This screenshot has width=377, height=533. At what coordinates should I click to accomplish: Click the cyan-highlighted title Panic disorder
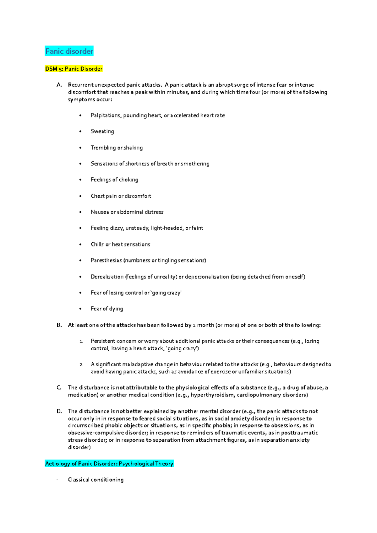[69, 51]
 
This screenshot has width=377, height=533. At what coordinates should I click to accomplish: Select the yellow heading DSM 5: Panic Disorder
[74, 69]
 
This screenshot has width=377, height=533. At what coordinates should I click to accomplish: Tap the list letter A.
[59, 85]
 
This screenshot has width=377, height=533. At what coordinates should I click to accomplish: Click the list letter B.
[59, 325]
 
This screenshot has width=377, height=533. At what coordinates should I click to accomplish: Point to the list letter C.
[59, 388]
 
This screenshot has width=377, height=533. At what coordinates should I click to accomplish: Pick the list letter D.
[59, 411]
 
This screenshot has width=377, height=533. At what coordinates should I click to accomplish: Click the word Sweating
[102, 132]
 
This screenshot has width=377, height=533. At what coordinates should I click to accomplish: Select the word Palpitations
[106, 116]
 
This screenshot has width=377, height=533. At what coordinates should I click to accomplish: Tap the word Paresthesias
[106, 261]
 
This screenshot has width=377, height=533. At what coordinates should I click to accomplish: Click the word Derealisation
[107, 277]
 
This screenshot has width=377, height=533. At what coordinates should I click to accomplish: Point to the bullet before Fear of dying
[81, 309]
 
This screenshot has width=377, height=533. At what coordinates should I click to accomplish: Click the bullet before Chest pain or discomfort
[81, 196]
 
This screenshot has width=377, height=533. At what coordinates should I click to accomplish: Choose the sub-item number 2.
[81, 365]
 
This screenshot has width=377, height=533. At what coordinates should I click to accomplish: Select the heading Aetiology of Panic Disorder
[109, 464]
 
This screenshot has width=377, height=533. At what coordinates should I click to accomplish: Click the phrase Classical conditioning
[96, 480]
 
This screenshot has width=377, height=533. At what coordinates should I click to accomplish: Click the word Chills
[97, 245]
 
